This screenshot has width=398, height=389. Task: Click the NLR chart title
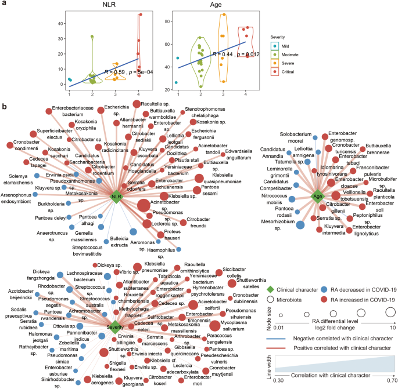104,5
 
